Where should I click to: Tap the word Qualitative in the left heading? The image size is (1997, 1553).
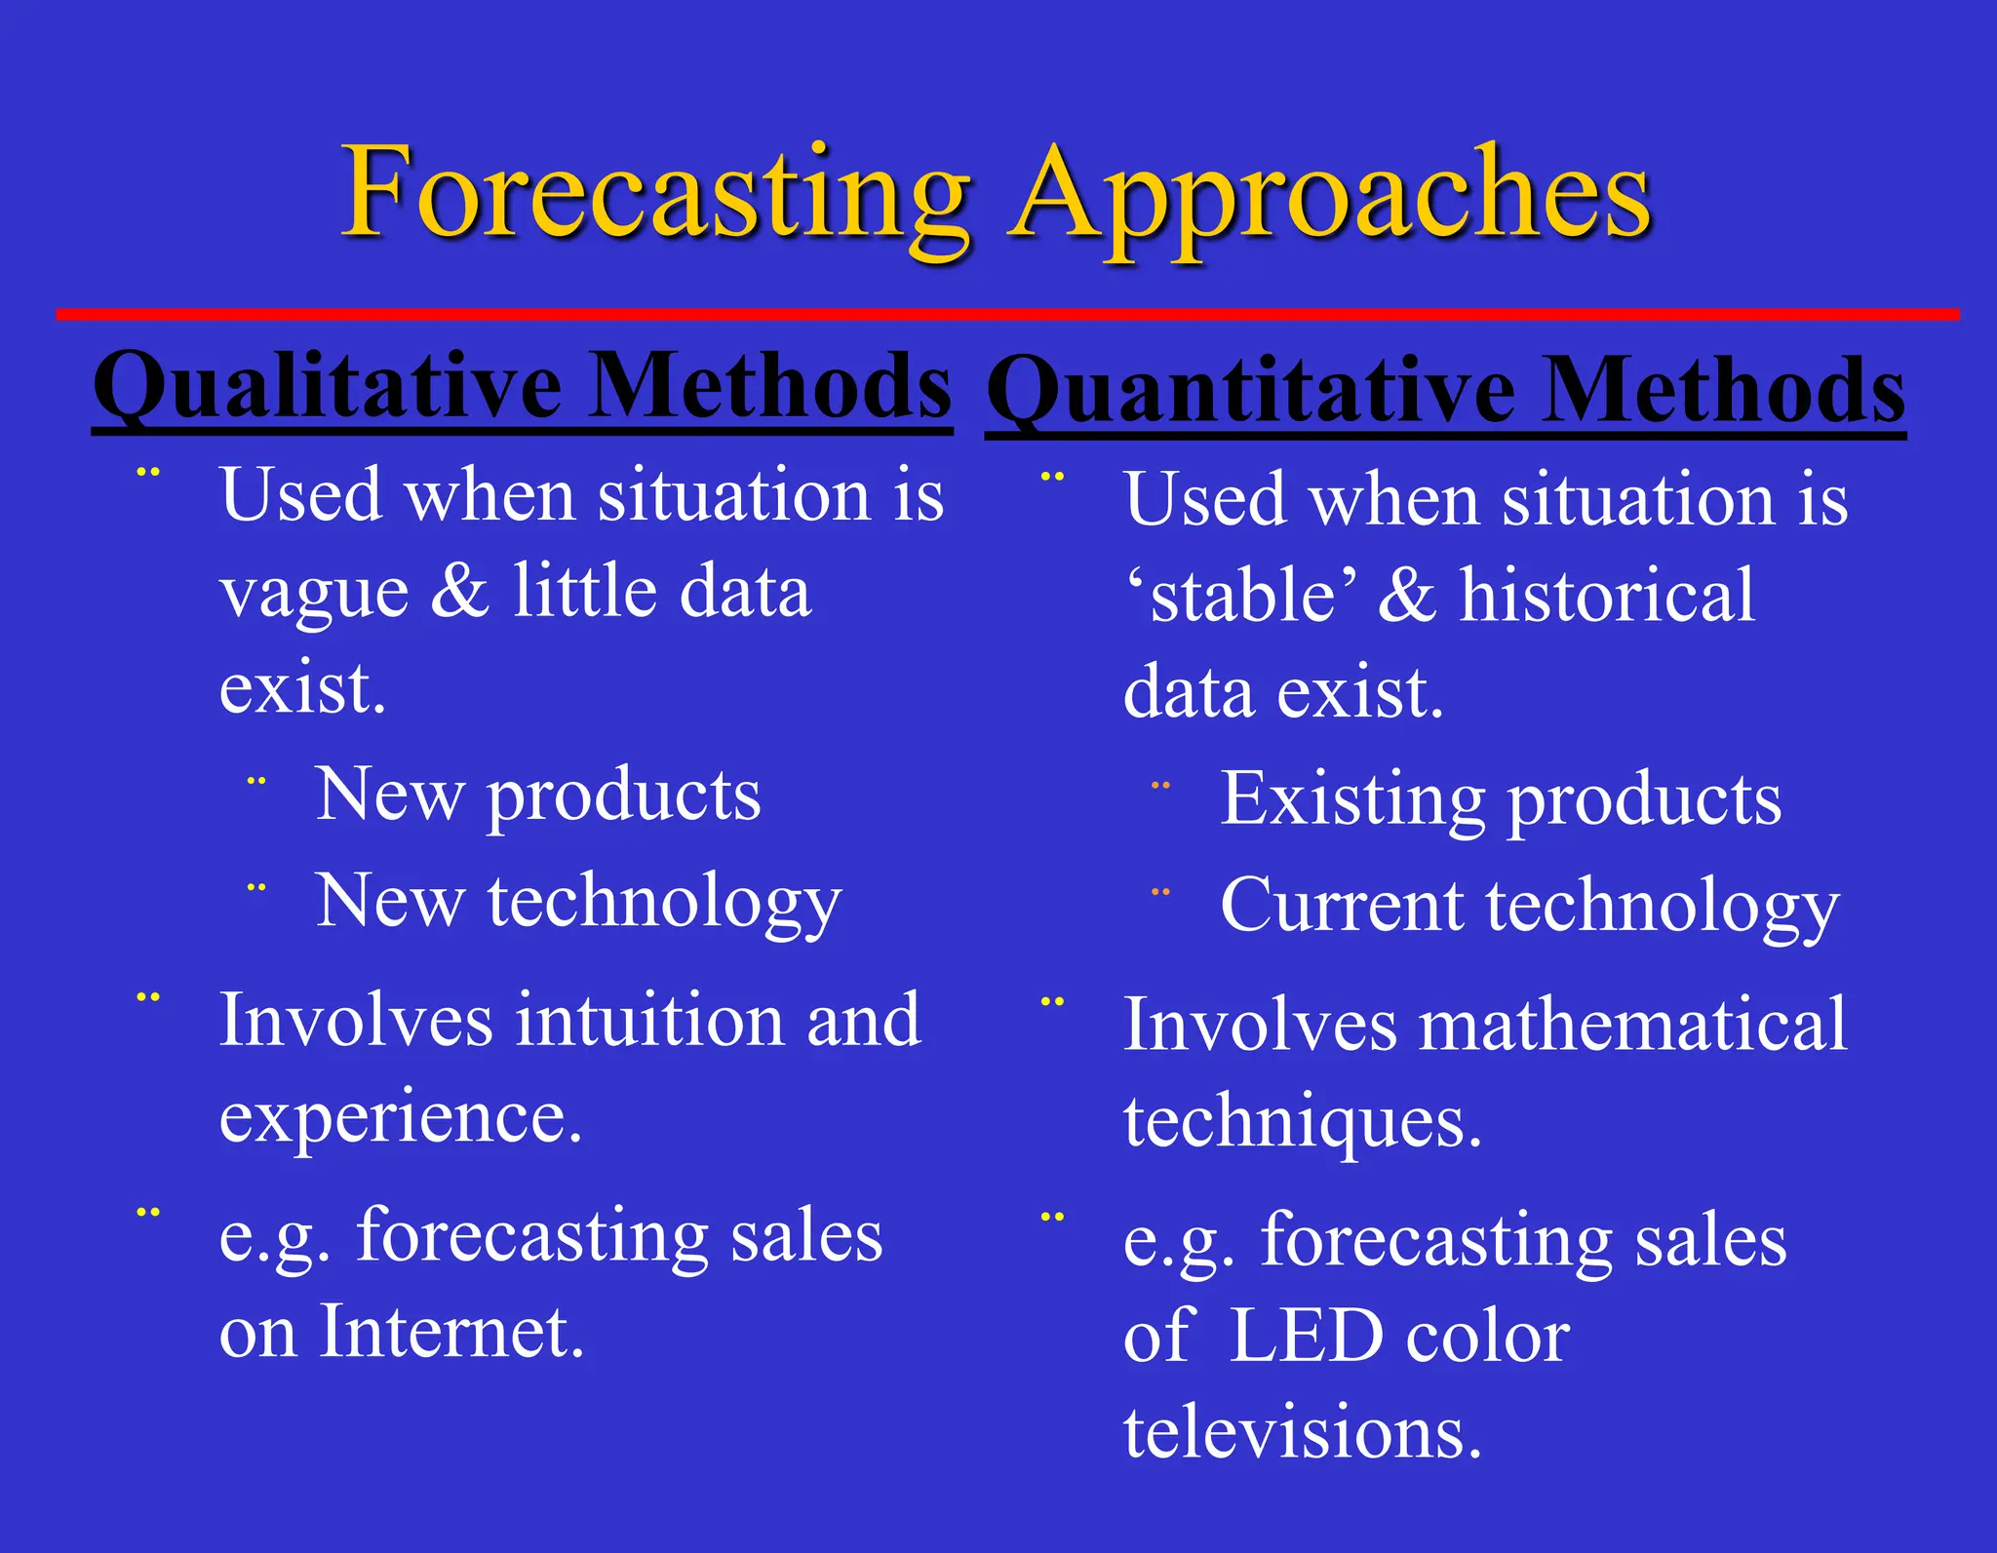[x=327, y=386]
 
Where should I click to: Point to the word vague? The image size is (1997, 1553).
[x=314, y=593]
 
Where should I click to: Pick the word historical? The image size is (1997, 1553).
[x=1607, y=596]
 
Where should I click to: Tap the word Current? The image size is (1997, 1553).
[x=1342, y=906]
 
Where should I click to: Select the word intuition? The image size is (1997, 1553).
[x=649, y=1021]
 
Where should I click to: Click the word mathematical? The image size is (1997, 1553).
[x=1632, y=1025]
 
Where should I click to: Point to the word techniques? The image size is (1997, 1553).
[x=1302, y=1122]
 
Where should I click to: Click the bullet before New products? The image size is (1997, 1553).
[x=256, y=781]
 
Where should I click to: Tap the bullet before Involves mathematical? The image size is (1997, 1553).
[x=1052, y=1001]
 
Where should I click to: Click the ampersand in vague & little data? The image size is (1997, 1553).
[x=459, y=591]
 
